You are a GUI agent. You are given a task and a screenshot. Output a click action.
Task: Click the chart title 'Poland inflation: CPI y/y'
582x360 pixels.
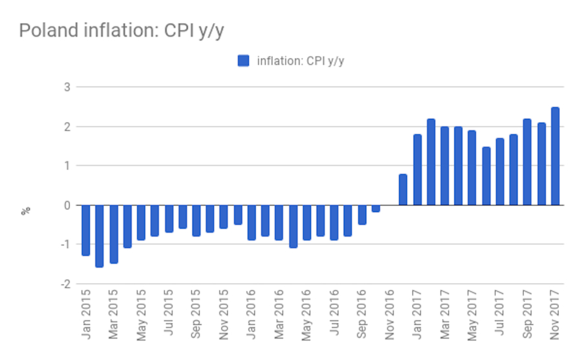[x=121, y=31]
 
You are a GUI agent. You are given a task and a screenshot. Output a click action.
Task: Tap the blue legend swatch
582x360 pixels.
[x=243, y=61]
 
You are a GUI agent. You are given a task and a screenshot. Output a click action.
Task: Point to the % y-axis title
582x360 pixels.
[x=27, y=210]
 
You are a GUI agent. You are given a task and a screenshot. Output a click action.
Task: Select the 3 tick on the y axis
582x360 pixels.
[x=68, y=87]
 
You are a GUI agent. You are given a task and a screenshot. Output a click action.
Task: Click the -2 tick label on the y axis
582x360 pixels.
[x=66, y=284]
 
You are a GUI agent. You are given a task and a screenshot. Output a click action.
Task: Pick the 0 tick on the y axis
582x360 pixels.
[x=68, y=205]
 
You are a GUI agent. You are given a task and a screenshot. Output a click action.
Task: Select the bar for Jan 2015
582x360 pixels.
[x=85, y=230]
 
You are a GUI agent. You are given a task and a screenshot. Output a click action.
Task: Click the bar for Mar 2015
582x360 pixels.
[x=113, y=234]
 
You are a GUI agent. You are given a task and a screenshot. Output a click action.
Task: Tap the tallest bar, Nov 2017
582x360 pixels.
[x=555, y=156]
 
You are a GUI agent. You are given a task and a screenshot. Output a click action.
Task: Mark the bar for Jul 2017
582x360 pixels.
[x=500, y=171]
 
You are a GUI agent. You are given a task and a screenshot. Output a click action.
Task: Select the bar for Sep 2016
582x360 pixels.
[x=362, y=215]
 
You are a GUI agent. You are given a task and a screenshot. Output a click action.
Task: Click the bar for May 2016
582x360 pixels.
[x=307, y=222]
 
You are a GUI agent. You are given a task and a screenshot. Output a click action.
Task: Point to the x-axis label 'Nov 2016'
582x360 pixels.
[x=390, y=316]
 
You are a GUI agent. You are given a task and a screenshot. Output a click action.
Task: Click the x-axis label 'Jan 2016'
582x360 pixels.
[x=252, y=316]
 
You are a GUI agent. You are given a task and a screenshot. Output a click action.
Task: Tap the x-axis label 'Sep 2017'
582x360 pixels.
[x=528, y=316]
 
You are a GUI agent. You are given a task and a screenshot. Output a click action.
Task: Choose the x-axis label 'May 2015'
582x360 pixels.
[x=141, y=316]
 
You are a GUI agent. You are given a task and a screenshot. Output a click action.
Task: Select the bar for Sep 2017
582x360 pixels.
[x=527, y=162]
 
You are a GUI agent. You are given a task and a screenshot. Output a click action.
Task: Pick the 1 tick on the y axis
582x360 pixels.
[x=68, y=165]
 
